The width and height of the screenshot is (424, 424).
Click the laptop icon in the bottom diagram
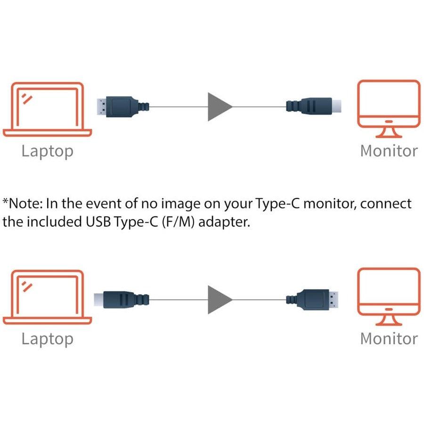point(47,297)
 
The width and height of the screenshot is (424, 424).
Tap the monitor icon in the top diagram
point(389,108)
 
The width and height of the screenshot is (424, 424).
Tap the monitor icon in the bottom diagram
point(389,297)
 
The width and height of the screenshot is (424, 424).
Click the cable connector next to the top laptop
point(122,106)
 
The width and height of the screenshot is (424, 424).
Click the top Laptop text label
point(47,151)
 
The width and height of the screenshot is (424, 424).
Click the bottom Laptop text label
point(47,339)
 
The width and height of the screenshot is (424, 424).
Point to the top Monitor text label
point(389,151)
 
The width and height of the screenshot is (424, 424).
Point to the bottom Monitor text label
point(389,338)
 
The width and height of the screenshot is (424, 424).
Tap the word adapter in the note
point(224,222)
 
